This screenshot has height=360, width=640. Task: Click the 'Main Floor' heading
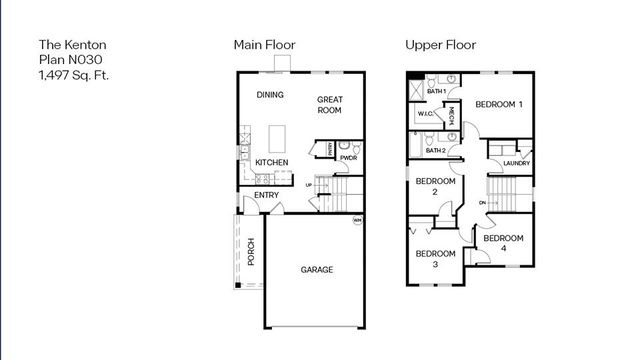tap(264, 45)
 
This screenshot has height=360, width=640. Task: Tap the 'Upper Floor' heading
tap(440, 45)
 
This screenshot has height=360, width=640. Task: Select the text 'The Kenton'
tap(72, 45)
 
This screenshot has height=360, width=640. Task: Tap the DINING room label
tap(270, 95)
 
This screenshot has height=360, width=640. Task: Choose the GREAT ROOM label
tap(330, 105)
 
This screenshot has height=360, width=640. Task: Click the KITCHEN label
tap(272, 162)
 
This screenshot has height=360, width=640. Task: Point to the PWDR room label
tap(349, 158)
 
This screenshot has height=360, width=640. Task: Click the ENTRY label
tap(266, 195)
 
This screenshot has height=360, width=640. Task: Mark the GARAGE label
tap(317, 270)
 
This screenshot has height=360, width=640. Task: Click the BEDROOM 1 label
tap(499, 105)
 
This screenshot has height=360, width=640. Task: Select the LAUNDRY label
tap(517, 163)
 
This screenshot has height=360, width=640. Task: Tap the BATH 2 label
tap(435, 149)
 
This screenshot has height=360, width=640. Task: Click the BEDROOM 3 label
tap(435, 259)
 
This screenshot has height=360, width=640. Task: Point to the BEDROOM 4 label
tap(501, 243)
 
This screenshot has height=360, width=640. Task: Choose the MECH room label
tap(451, 115)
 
